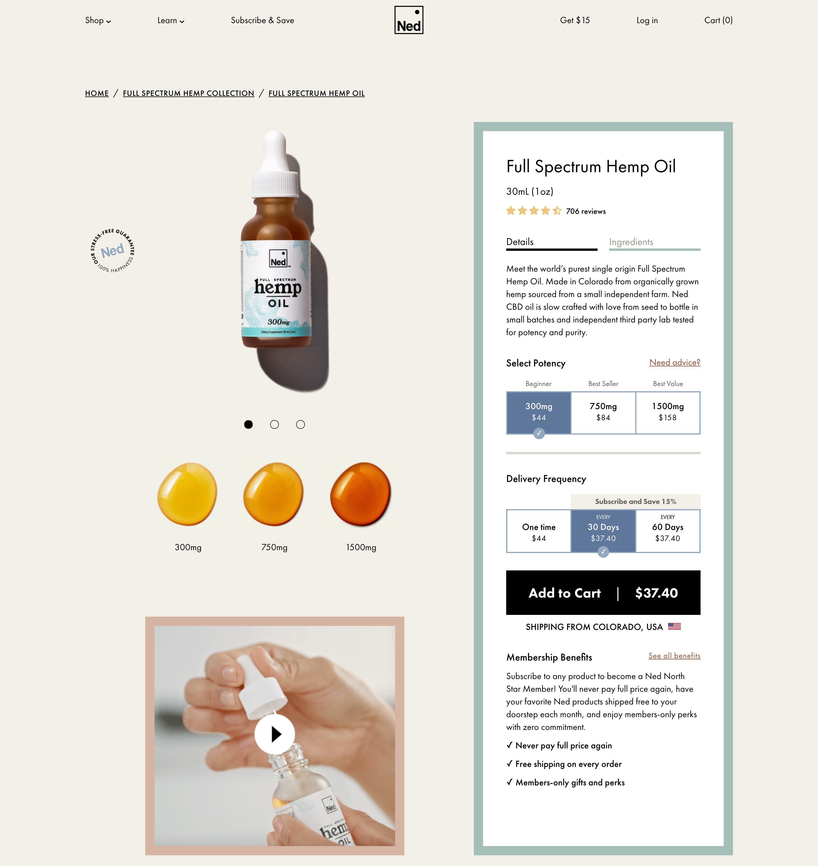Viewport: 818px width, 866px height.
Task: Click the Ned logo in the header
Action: click(x=408, y=20)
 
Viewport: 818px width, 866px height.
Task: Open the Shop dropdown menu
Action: click(x=98, y=21)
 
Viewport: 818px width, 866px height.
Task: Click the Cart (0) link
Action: click(x=718, y=21)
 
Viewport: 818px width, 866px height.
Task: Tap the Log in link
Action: click(x=647, y=21)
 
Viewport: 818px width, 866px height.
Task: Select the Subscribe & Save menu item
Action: click(x=262, y=21)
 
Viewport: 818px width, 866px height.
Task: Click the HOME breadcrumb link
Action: click(x=97, y=93)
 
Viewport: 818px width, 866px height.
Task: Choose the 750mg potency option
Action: click(x=603, y=412)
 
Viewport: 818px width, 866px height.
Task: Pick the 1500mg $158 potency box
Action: click(x=668, y=412)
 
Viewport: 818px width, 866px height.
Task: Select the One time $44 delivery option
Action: click(x=539, y=531)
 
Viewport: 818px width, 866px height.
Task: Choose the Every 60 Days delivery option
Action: click(x=668, y=531)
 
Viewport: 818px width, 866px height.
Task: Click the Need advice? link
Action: click(x=675, y=362)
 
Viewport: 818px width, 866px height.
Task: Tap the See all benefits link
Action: click(x=674, y=656)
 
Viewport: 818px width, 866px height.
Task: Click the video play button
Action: click(x=275, y=734)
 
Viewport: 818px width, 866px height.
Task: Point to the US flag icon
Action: click(x=674, y=626)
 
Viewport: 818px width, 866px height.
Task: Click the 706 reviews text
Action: click(x=586, y=211)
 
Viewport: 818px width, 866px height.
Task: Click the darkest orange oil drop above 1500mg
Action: click(x=361, y=494)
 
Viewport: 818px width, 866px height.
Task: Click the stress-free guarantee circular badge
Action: click(x=113, y=251)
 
